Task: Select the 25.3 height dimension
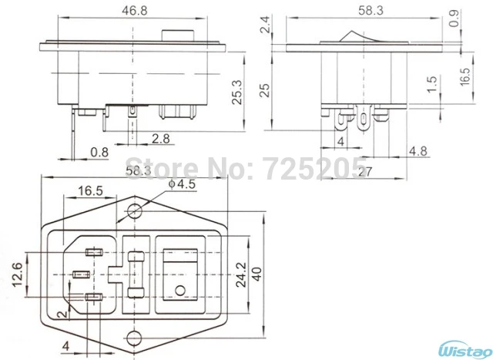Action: [x=240, y=93]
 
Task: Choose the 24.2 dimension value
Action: [x=241, y=271]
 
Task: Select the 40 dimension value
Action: [x=266, y=273]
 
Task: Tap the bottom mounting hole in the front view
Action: [x=136, y=336]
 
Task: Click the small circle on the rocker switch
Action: [x=180, y=291]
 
